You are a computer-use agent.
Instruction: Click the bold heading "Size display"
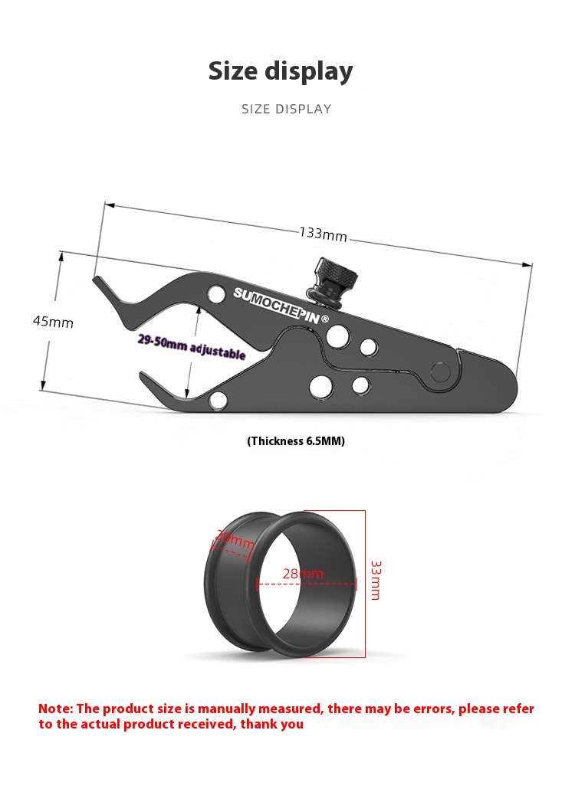tap(281, 70)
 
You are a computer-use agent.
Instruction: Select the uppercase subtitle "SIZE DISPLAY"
tap(287, 109)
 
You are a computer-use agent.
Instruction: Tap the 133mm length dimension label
tap(323, 233)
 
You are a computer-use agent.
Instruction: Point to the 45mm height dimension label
tap(53, 322)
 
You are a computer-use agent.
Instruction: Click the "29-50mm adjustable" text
tap(192, 347)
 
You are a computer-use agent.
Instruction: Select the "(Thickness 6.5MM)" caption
tap(296, 441)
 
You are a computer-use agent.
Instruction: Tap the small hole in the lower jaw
tap(219, 398)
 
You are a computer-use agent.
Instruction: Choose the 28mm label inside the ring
tap(303, 574)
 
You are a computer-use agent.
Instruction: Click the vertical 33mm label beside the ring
tap(375, 580)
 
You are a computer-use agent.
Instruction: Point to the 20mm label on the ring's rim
tap(234, 541)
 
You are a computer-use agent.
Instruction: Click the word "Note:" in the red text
tap(55, 709)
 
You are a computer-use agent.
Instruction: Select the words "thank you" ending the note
tap(272, 724)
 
